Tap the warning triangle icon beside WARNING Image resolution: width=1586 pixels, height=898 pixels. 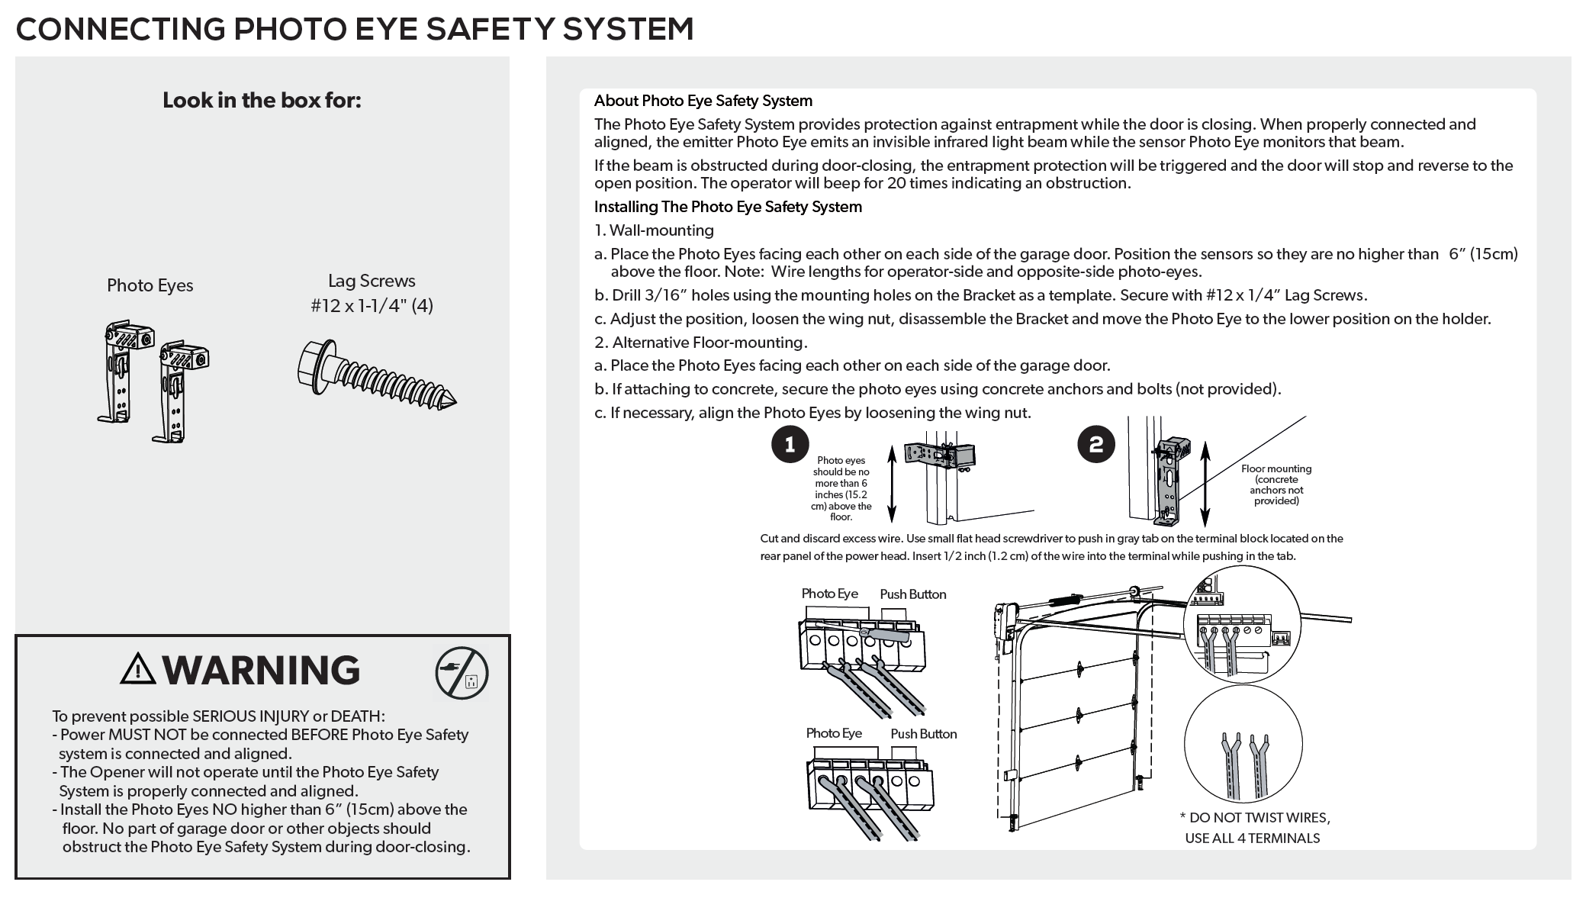pyautogui.click(x=138, y=669)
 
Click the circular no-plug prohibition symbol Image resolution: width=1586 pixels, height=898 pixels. pyautogui.click(x=462, y=674)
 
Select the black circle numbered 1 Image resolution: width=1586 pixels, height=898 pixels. pyautogui.click(x=790, y=445)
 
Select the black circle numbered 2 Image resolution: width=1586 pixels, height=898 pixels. pyautogui.click(x=1096, y=445)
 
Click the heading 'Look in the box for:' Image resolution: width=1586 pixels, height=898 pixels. pyautogui.click(x=262, y=101)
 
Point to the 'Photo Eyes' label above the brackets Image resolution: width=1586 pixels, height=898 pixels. pyautogui.click(x=150, y=285)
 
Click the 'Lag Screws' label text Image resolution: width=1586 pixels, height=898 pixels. pyautogui.click(x=372, y=282)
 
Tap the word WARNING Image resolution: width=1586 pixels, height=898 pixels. pyautogui.click(x=261, y=670)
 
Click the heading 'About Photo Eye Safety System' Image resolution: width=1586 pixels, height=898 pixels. pyautogui.click(x=703, y=101)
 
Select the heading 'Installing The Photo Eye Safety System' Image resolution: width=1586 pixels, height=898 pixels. pyautogui.click(x=728, y=207)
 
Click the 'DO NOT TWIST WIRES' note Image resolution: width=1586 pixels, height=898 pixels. pyautogui.click(x=1254, y=818)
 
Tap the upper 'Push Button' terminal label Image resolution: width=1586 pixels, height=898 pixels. pyautogui.click(x=912, y=594)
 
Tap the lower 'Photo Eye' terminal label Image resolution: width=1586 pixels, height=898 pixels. pyautogui.click(x=834, y=733)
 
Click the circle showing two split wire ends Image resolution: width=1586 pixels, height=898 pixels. pyautogui.click(x=1243, y=743)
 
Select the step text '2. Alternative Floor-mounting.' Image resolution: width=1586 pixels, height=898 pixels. pyautogui.click(x=700, y=343)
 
